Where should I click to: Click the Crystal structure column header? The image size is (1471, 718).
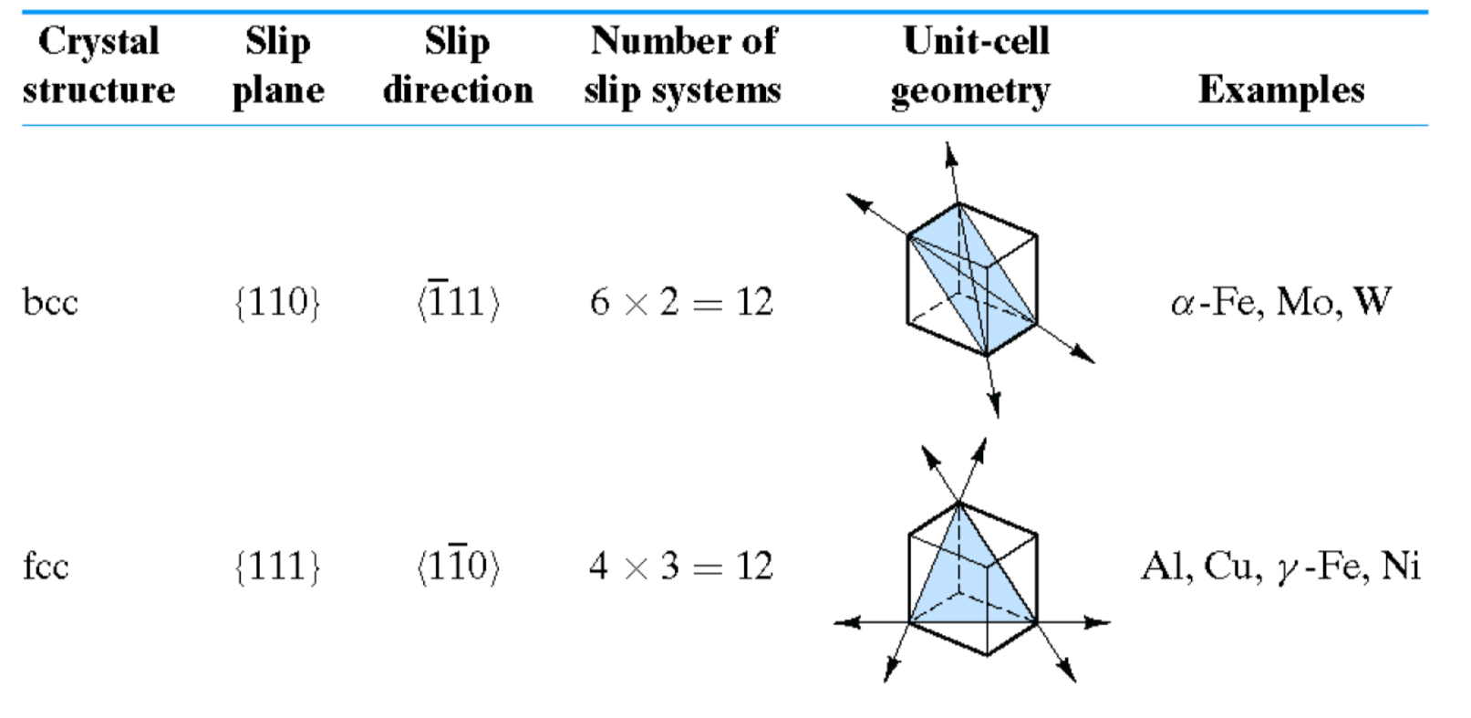pyautogui.click(x=98, y=66)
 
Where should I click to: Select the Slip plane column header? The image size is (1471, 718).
pyautogui.click(x=278, y=66)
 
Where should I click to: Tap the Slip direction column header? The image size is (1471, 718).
pyautogui.click(x=458, y=66)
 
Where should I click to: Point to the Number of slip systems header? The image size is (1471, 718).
pyautogui.click(x=683, y=66)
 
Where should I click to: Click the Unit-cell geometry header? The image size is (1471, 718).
pyautogui.click(x=972, y=66)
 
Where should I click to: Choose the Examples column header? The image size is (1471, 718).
pyautogui.click(x=1281, y=89)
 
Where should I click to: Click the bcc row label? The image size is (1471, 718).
pyautogui.click(x=50, y=302)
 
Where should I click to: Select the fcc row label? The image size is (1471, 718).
pyautogui.click(x=46, y=567)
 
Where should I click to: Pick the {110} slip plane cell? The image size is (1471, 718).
pyautogui.click(x=277, y=302)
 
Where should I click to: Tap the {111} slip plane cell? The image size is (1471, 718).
pyautogui.click(x=277, y=567)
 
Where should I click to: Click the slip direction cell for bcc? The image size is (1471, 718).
pyautogui.click(x=459, y=301)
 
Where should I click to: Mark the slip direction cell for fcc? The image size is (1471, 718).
pyautogui.click(x=459, y=566)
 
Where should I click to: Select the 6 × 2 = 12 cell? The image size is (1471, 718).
pyautogui.click(x=681, y=302)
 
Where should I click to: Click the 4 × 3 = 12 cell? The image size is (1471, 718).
pyautogui.click(x=681, y=567)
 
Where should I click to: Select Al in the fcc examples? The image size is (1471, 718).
pyautogui.click(x=1165, y=567)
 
